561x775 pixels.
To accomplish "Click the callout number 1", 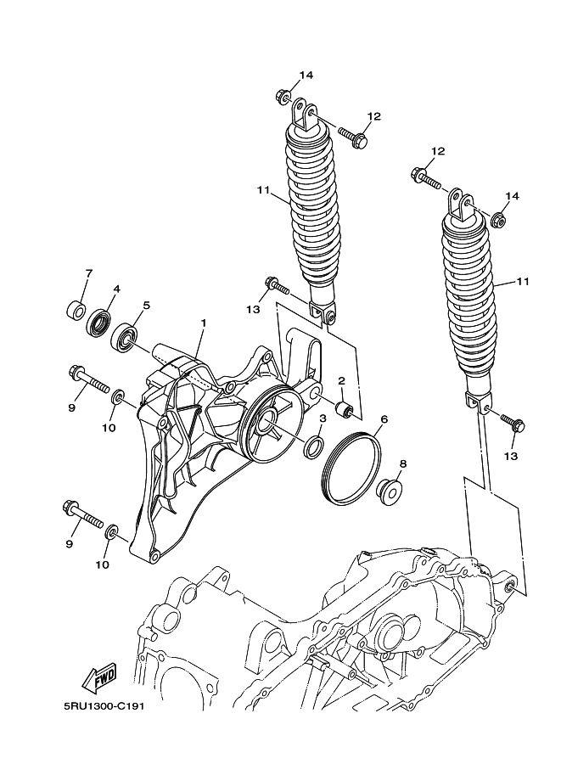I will pos(204,323).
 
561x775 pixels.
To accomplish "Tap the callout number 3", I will pos(323,418).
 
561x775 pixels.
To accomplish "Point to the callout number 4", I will pos(116,289).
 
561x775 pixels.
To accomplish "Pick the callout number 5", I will pos(146,306).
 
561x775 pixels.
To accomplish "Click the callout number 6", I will pos(384,419).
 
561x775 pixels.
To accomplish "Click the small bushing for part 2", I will pos(345,411).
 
